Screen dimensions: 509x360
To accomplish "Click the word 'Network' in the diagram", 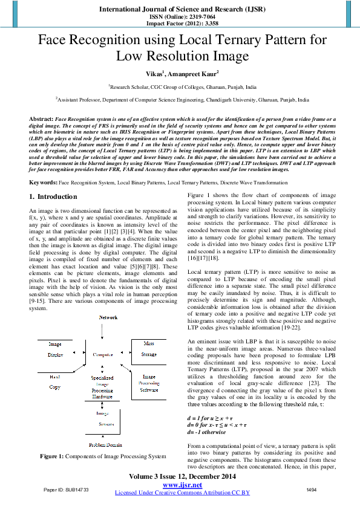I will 108,317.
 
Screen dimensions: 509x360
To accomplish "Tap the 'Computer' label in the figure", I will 103,355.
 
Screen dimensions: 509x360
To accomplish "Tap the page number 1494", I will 312,488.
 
